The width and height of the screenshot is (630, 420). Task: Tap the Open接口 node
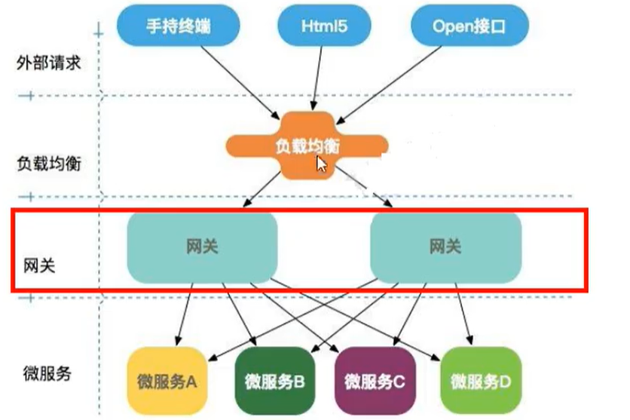click(x=469, y=27)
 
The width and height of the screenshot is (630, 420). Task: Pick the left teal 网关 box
click(x=201, y=246)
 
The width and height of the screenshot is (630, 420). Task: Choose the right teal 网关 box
click(x=445, y=246)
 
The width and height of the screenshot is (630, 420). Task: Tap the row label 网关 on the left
click(x=33, y=265)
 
